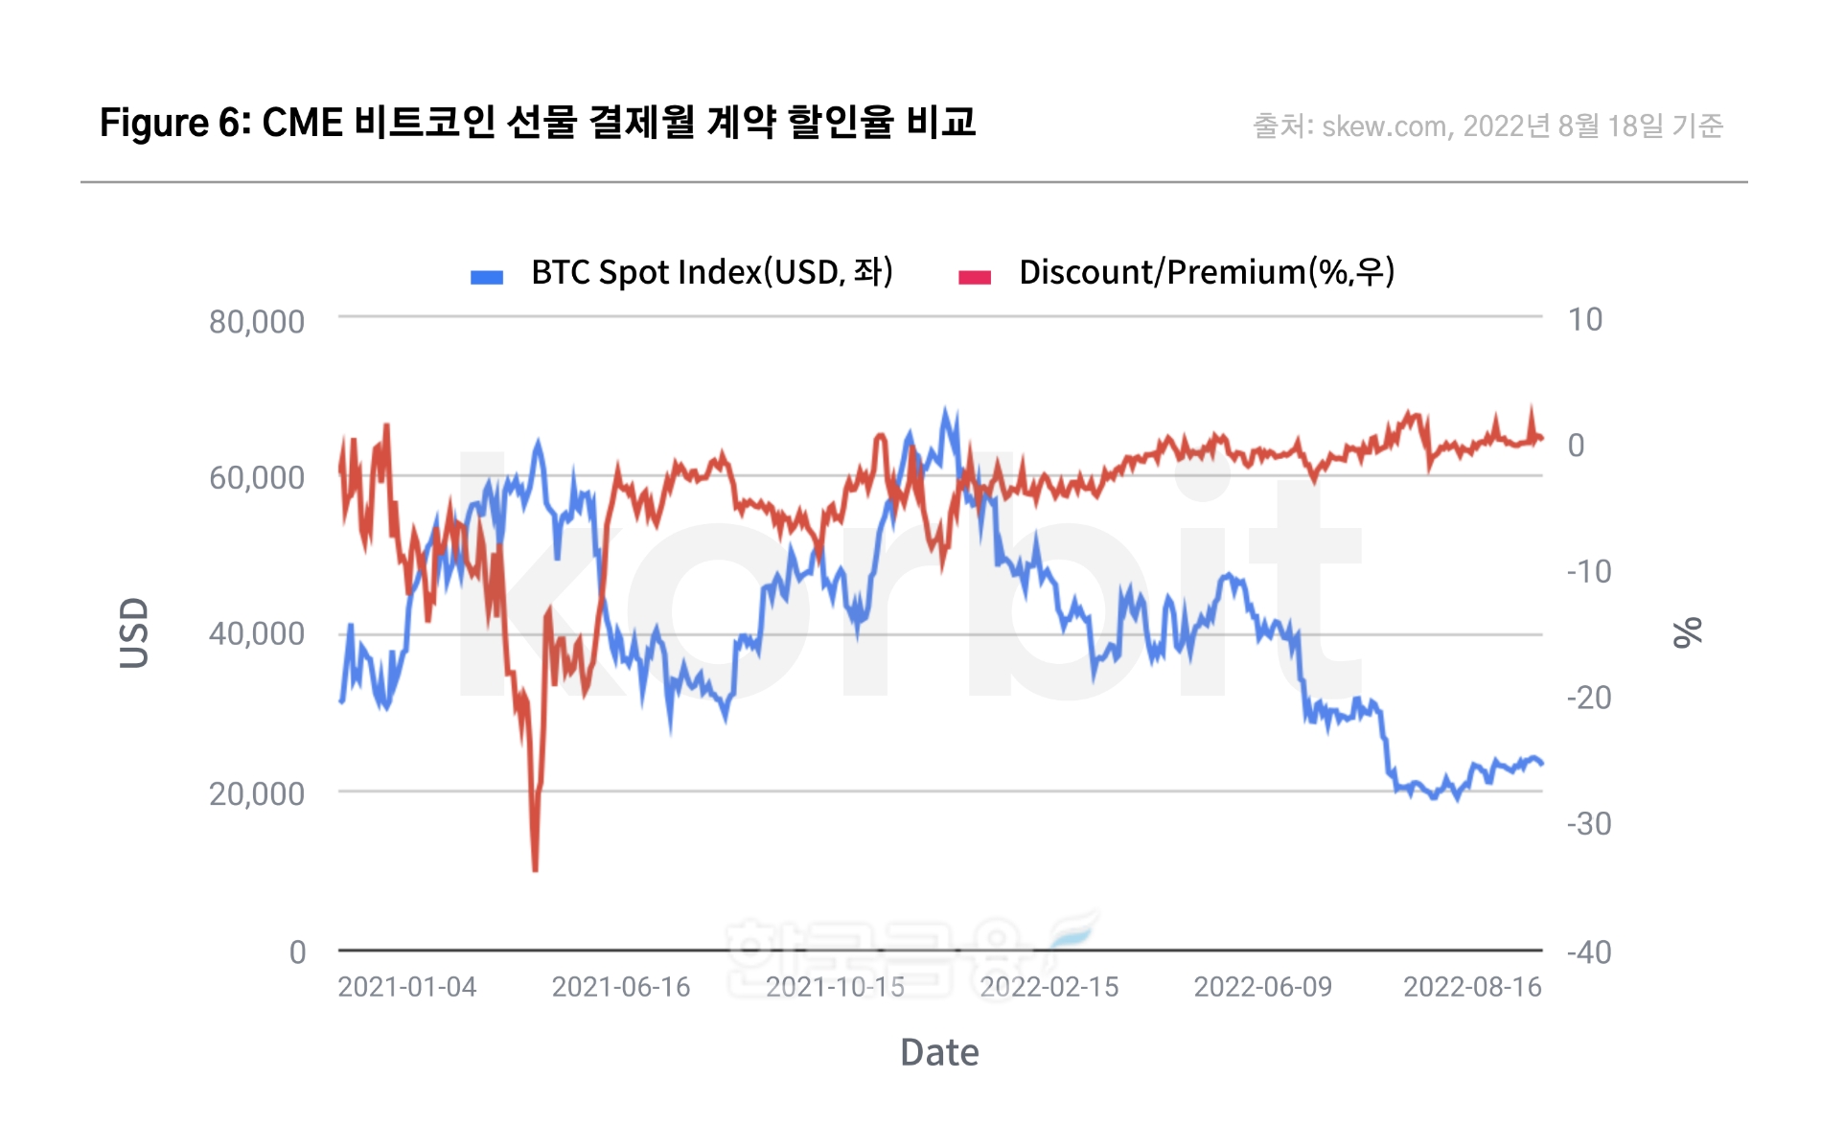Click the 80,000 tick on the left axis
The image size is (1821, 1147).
coord(256,322)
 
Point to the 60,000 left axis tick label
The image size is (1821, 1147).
coord(256,477)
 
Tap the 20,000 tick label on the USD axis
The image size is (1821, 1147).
coord(256,793)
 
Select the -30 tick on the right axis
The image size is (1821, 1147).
coord(1589,824)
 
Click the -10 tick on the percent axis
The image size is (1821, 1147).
coord(1589,572)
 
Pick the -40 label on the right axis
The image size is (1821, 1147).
coord(1589,952)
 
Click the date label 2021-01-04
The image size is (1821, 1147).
coord(406,987)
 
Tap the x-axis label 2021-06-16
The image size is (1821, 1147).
coord(621,987)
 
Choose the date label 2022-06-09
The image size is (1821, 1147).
coord(1262,987)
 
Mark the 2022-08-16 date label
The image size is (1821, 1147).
coord(1472,987)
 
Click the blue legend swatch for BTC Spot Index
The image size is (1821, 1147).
coord(487,277)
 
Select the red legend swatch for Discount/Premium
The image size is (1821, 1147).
coord(974,277)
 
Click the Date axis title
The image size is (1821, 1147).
coord(939,1052)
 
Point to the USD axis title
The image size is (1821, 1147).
coord(134,632)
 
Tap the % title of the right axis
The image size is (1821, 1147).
coord(1687,632)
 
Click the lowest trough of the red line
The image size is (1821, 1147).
coord(535,869)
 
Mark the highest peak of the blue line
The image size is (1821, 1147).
coord(946,410)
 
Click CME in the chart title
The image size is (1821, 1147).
coord(302,123)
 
